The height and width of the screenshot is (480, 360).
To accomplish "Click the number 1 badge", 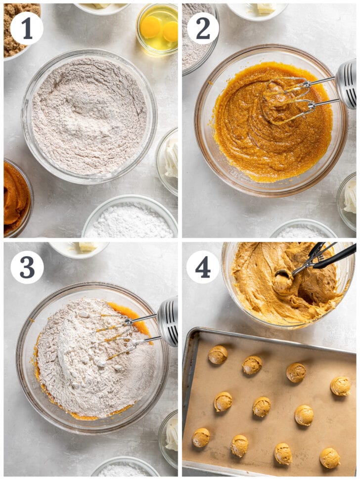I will pyautogui.click(x=26, y=28).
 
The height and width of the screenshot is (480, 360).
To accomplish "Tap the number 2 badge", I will pyautogui.click(x=203, y=28).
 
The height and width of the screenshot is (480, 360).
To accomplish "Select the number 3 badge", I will pyautogui.click(x=27, y=267).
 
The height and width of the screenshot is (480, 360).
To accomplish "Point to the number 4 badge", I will pyautogui.click(x=203, y=267).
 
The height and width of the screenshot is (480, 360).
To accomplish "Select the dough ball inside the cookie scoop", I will pyautogui.click(x=283, y=281).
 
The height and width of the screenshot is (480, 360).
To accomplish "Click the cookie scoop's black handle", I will pyautogui.click(x=336, y=257).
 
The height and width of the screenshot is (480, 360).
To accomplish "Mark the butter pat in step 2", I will pyautogui.click(x=266, y=8).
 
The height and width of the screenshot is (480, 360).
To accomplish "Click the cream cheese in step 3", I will pyautogui.click(x=171, y=435).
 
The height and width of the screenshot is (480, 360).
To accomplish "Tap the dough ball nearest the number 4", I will pyautogui.click(x=218, y=354).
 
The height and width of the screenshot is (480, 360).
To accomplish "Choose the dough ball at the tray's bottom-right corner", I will pyautogui.click(x=329, y=458).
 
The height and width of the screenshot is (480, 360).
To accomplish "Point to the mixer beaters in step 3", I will pyautogui.click(x=119, y=336).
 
